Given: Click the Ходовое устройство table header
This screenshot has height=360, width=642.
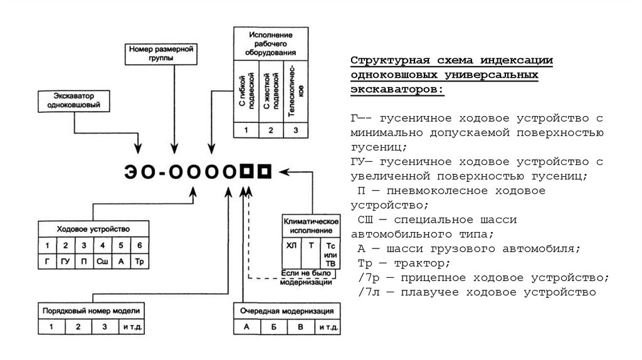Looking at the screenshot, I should [x=93, y=229].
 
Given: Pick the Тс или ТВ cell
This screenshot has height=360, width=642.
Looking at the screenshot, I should [x=330, y=254].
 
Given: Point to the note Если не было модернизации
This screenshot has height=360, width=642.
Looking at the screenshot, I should [x=306, y=278].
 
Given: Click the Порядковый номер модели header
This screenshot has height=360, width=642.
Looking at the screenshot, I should [x=92, y=311].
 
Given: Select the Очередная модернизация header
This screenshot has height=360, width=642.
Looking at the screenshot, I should [x=287, y=311].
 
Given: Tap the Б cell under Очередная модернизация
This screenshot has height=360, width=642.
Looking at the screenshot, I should [x=274, y=327].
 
